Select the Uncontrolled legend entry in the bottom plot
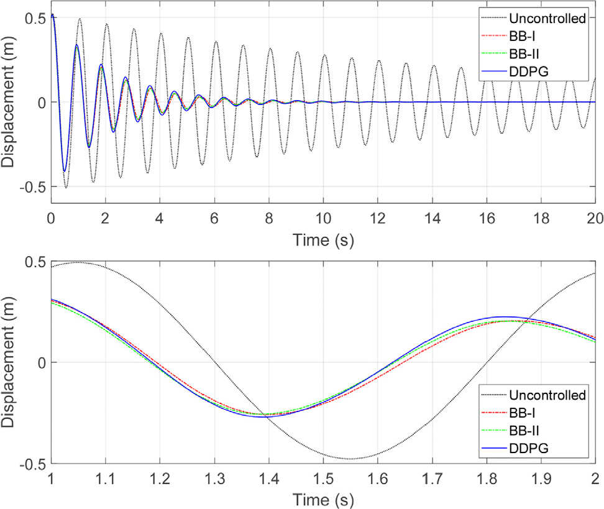547,395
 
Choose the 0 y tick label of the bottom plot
42,363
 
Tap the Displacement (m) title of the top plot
11,102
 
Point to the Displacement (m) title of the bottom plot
11,362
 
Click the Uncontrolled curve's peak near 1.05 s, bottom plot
78,262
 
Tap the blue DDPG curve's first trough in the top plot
63,171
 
